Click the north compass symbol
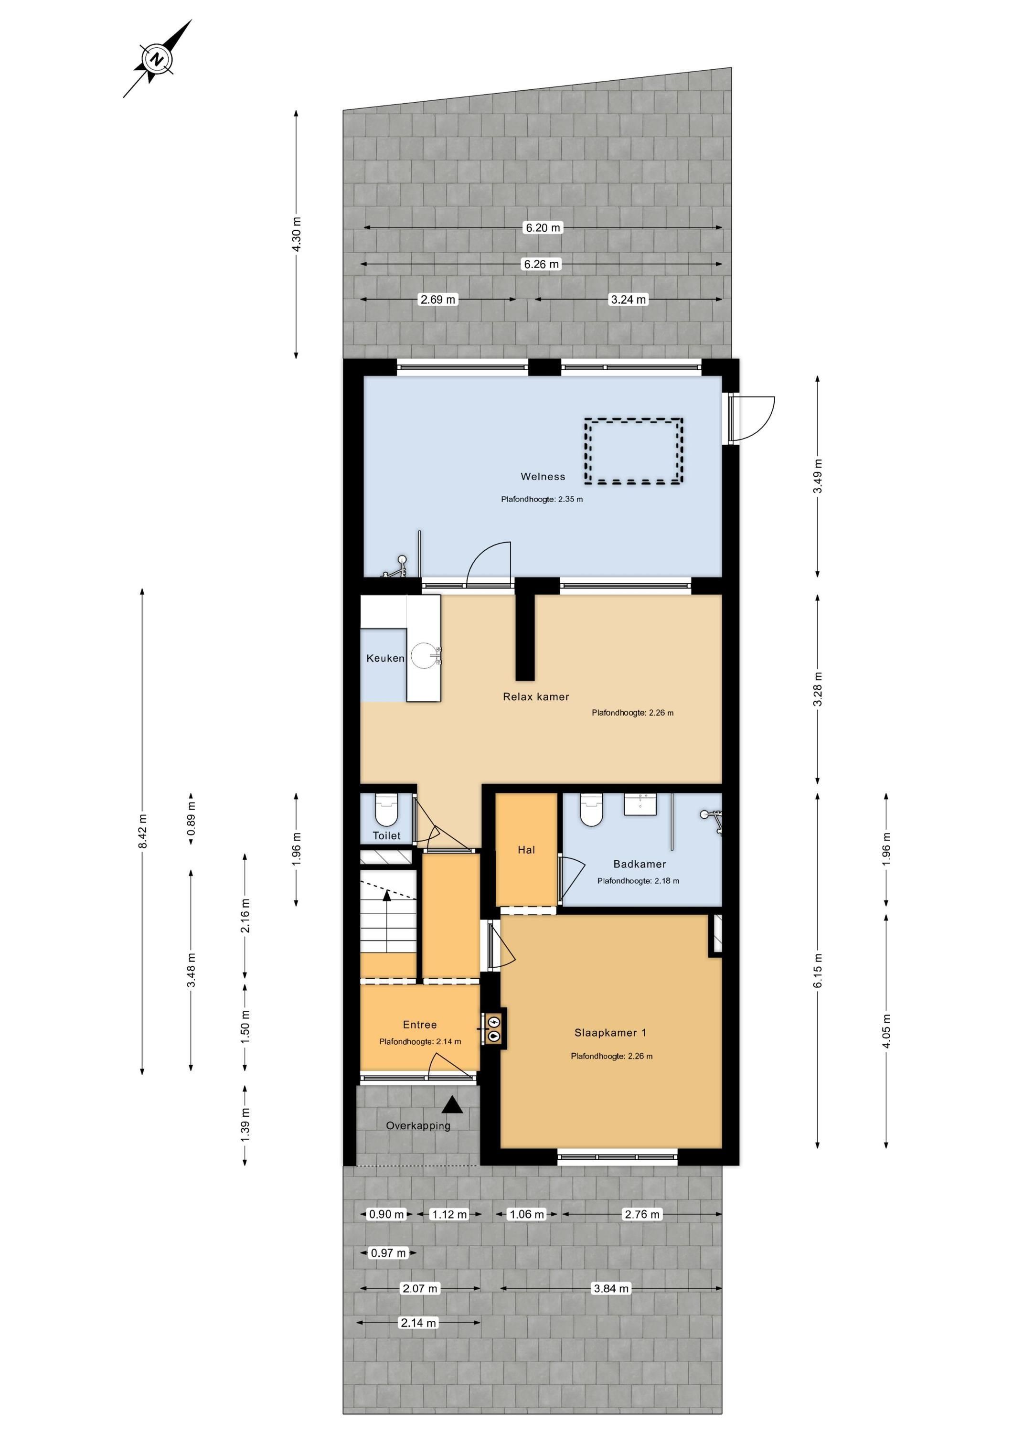(157, 59)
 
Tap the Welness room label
(543, 477)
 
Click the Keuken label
(385, 658)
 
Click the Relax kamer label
(536, 696)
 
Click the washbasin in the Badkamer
(640, 804)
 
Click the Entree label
(419, 1024)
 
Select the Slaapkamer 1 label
(610, 1032)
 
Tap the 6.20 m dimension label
(543, 228)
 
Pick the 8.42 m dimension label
(142, 831)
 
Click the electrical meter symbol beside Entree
(495, 1028)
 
